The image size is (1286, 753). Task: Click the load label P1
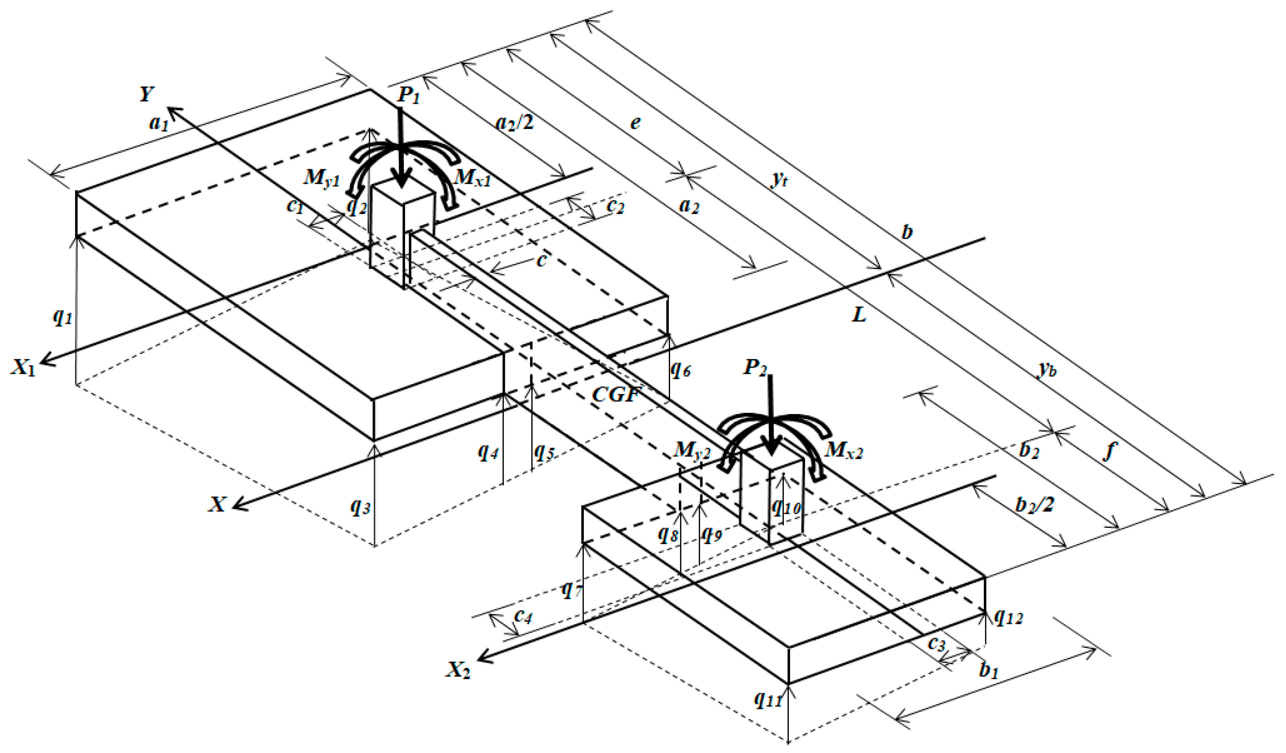click(408, 95)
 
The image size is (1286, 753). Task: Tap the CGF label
click(616, 394)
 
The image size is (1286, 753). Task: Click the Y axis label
click(147, 94)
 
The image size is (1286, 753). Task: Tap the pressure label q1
click(62, 317)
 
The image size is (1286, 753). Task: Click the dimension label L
click(859, 315)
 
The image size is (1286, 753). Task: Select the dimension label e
click(635, 123)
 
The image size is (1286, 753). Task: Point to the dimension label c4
click(523, 617)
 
